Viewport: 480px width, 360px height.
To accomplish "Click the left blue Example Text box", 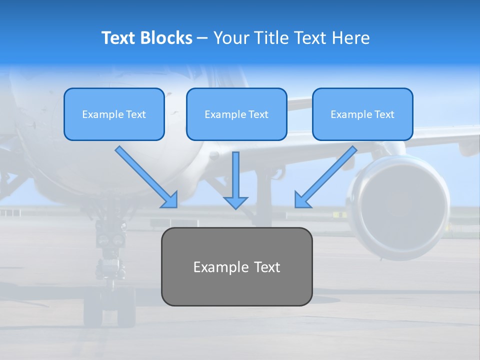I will click(114, 114).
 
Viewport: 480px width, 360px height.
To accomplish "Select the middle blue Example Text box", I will click(236, 114).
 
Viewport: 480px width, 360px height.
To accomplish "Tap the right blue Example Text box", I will click(362, 114).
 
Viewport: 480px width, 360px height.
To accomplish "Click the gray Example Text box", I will click(236, 266).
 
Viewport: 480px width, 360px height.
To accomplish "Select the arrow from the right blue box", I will click(327, 175).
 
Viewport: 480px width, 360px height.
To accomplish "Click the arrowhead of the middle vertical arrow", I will click(235, 202).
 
